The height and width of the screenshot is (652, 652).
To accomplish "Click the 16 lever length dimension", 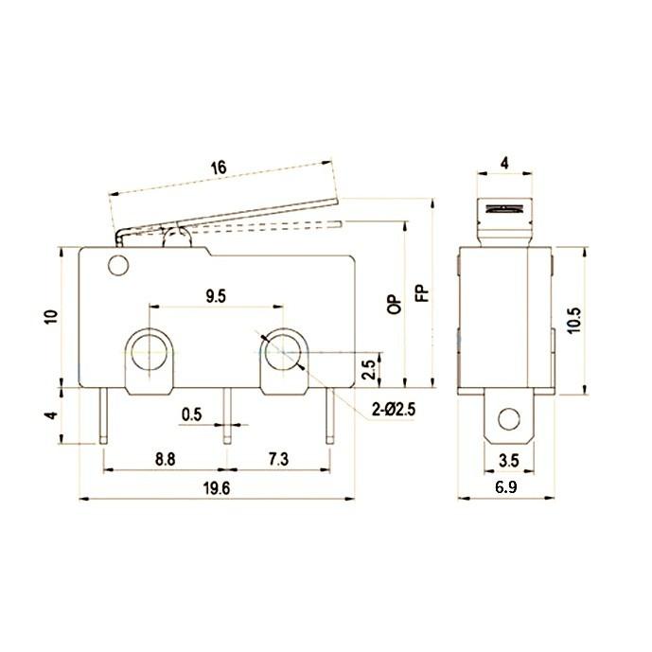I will (219, 167).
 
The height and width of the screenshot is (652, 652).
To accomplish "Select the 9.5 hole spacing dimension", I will (215, 295).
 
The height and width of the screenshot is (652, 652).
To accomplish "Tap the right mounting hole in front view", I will (281, 353).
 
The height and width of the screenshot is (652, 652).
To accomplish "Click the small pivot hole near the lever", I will (118, 265).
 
